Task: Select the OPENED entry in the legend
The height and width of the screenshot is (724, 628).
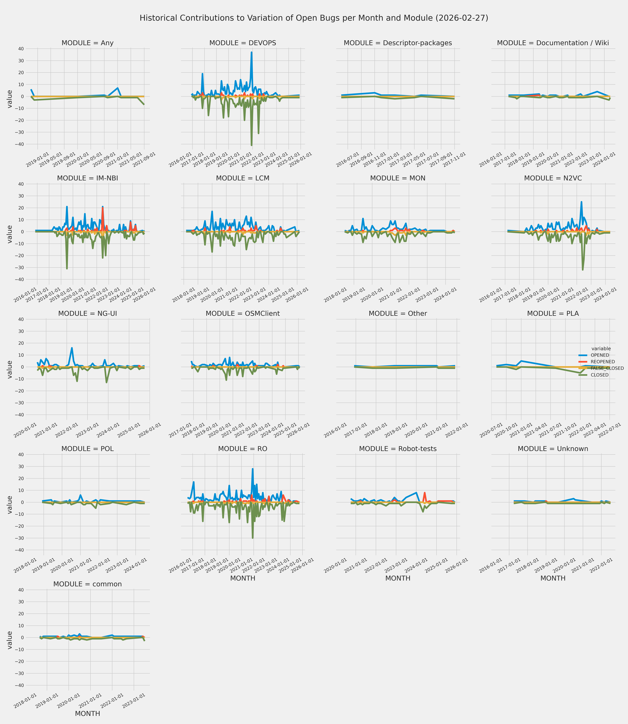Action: tap(600, 355)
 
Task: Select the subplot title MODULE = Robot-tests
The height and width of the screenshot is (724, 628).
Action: tap(398, 449)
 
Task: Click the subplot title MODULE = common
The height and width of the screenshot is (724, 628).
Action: tap(88, 584)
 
